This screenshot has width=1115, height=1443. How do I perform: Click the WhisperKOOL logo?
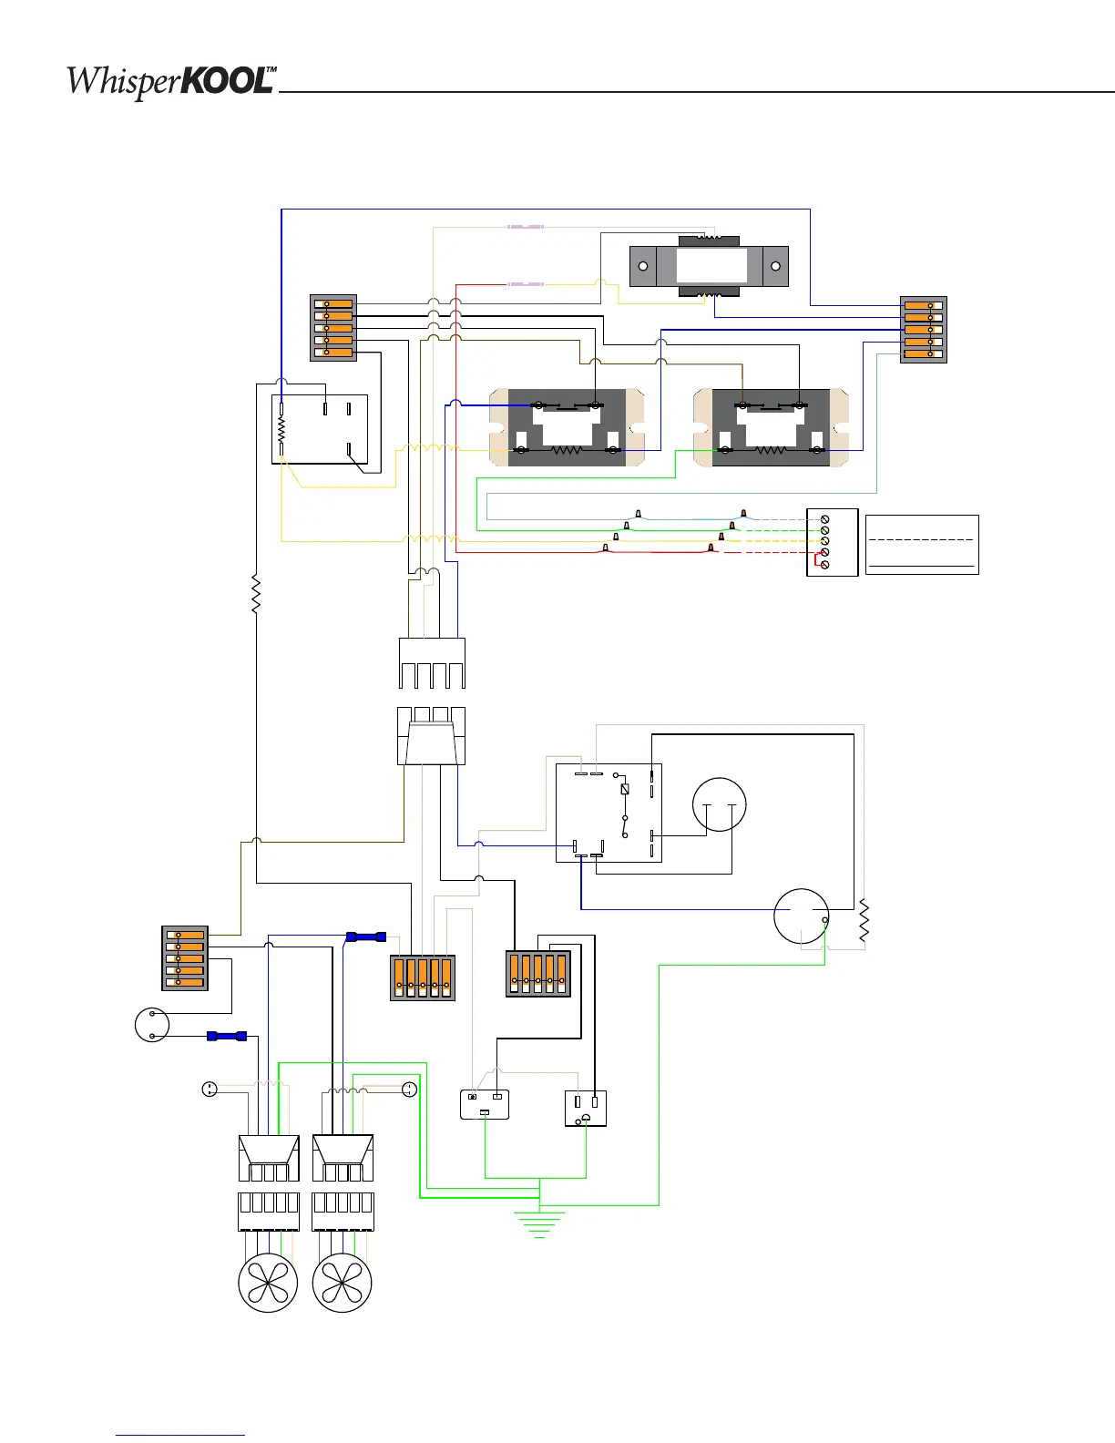[x=171, y=82]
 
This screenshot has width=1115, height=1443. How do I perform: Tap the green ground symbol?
[x=539, y=1224]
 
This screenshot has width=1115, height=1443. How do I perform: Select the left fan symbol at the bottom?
[x=268, y=1283]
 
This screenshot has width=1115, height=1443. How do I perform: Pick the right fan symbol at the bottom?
[x=342, y=1283]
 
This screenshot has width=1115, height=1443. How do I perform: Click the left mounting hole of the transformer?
[x=643, y=266]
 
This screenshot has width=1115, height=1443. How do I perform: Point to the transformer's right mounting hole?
[x=775, y=266]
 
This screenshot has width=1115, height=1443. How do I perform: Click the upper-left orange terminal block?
[x=333, y=328]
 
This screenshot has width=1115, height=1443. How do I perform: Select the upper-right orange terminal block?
[x=923, y=330]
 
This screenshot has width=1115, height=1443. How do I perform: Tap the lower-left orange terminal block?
[x=185, y=958]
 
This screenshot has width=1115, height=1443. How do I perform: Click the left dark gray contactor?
[x=567, y=427]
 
